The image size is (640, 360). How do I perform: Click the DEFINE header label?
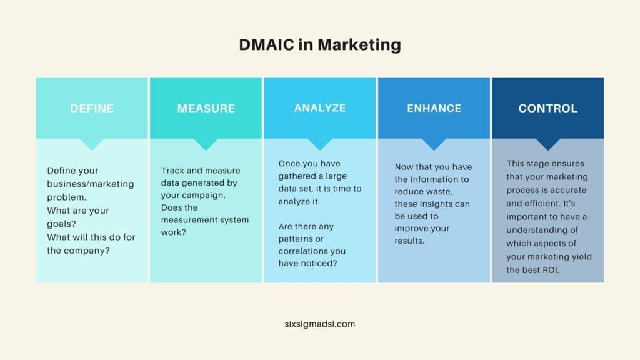point(92,108)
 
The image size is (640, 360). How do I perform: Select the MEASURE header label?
point(206,108)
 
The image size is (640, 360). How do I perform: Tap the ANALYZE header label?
point(320,107)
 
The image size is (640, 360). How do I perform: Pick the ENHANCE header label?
point(434,108)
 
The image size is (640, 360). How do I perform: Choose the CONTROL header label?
point(548,108)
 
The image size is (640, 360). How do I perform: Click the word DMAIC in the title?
point(268,45)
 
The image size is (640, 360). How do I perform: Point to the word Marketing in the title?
point(359,45)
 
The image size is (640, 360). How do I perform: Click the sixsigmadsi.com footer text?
point(319,324)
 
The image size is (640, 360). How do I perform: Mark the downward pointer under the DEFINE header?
point(92,144)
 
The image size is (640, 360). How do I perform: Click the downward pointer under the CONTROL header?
point(548,144)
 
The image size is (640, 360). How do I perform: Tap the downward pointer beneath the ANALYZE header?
point(320,144)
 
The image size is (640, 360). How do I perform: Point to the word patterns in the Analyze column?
point(296,238)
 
